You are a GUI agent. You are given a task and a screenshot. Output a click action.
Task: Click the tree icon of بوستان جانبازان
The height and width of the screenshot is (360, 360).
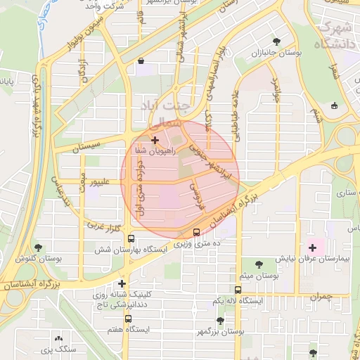point(276,41)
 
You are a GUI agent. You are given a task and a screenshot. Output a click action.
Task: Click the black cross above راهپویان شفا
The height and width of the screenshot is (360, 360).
point(155,141)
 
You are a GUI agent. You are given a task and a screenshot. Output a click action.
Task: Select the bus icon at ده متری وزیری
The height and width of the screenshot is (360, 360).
point(196,233)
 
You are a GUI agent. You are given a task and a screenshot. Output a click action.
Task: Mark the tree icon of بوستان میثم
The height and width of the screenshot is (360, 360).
point(259,265)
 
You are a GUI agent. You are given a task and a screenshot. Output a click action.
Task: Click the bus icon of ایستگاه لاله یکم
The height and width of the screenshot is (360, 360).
point(238,290)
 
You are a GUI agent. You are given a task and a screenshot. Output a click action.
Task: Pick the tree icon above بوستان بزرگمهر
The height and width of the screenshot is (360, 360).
point(220,321)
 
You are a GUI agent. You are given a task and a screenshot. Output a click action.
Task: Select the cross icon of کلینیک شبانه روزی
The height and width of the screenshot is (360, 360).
point(122,284)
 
